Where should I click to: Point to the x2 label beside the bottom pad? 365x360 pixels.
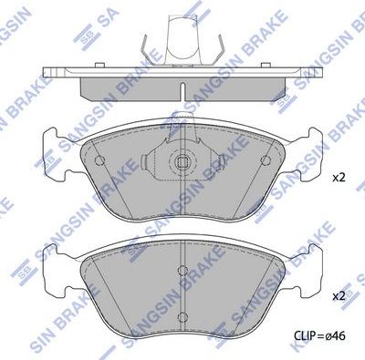[x=339, y=296]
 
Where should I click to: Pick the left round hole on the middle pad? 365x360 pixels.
[x=100, y=161]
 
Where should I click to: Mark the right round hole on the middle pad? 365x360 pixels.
[x=265, y=161]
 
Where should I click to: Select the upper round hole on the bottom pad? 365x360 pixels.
[x=182, y=270]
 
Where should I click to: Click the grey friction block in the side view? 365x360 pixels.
[x=182, y=86]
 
